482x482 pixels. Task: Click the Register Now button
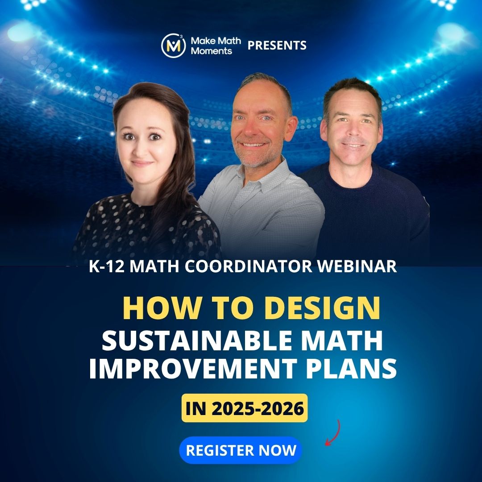coord(241,450)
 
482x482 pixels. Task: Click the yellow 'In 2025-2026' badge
coord(245,408)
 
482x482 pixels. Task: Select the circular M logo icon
coord(173,46)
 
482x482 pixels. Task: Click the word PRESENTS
coord(277,46)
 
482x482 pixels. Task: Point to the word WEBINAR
coord(357,266)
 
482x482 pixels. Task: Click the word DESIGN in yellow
coord(322,308)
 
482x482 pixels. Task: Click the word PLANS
coord(351,368)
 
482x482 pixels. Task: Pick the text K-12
coord(107,266)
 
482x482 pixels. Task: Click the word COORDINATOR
coord(249,266)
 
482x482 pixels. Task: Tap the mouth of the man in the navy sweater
coord(353,145)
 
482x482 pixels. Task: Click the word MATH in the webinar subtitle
coord(154,266)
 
